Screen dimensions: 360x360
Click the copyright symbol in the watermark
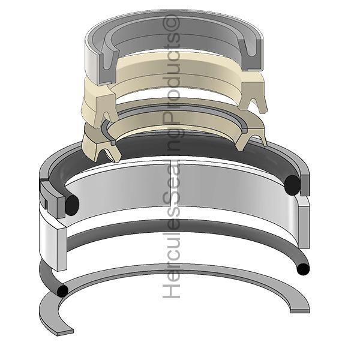point(171,23)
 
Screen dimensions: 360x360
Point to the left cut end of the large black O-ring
point(73,205)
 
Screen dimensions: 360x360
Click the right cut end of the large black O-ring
point(292,185)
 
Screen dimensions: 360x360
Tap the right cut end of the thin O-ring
point(303,269)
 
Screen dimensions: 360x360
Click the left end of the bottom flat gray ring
point(65,332)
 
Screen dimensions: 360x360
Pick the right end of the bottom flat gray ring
point(300,311)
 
